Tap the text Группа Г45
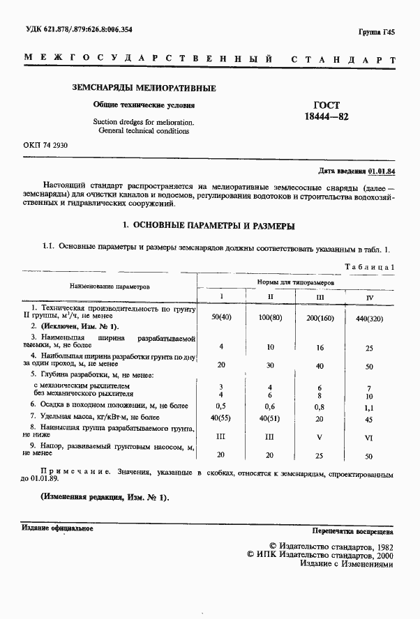tap(377, 32)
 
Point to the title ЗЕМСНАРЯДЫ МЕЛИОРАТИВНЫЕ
tap(144, 89)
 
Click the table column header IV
tap(370, 297)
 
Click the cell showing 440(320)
tap(370, 318)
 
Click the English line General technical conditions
tap(144, 130)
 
